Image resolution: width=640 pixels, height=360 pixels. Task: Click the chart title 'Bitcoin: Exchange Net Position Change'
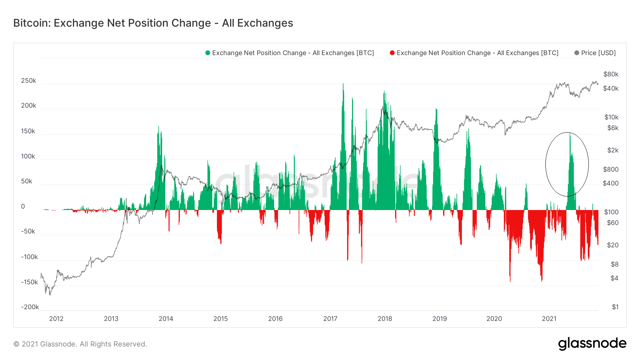pos(153,23)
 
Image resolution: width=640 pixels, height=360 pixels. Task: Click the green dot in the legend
pos(208,53)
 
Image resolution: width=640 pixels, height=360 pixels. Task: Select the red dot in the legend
pos(392,53)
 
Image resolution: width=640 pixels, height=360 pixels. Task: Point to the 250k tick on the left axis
pos(28,81)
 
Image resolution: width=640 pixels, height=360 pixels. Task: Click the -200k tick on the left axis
pos(30,307)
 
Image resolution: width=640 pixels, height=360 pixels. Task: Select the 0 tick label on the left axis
pos(23,206)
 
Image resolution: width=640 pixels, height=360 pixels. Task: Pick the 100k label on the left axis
pos(28,156)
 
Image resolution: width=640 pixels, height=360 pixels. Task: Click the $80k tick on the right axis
pos(611,74)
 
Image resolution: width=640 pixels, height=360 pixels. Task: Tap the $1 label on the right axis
pos(615,307)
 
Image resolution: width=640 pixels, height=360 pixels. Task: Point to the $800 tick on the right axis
pos(611,170)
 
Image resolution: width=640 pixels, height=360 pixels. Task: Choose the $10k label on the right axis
pos(611,117)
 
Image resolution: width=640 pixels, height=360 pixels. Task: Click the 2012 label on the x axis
pos(56,319)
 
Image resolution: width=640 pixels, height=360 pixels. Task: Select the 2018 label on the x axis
pos(385,319)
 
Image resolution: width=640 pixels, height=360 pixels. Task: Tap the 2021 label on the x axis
pos(549,319)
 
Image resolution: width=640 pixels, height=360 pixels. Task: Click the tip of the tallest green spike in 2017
pos(343,84)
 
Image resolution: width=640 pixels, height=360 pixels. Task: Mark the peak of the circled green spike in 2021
pos(570,133)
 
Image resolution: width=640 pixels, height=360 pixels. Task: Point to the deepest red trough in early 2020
pos(510,281)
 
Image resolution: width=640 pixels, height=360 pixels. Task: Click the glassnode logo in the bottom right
pos(592,344)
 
